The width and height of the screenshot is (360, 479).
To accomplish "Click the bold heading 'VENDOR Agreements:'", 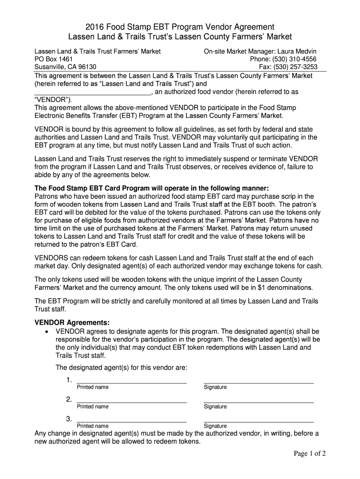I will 72,323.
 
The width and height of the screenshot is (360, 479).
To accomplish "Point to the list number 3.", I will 69,419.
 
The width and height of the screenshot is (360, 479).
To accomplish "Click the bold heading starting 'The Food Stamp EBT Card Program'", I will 152,188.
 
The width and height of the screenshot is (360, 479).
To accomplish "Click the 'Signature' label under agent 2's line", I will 215,406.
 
